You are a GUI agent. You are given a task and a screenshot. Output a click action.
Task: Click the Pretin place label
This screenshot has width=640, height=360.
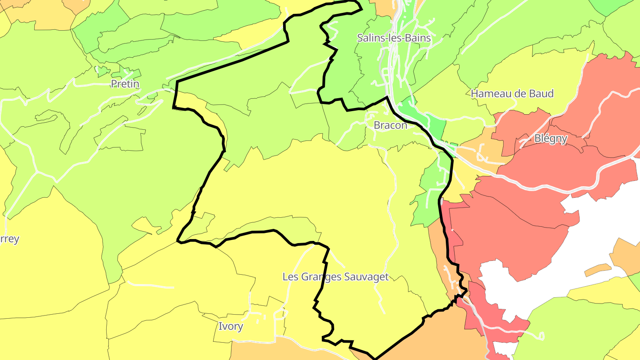pos(125,84)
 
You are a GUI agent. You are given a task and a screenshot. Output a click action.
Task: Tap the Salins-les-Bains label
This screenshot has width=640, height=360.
pos(394,38)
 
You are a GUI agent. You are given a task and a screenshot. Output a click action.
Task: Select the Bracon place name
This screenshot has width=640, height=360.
pos(390,125)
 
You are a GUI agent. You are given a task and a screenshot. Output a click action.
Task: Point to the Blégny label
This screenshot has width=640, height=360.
pos(551,139)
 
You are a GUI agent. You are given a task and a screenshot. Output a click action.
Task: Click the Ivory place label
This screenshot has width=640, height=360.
pos(231,327)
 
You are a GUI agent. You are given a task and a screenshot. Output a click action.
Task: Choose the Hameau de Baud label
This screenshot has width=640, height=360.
pos(512,94)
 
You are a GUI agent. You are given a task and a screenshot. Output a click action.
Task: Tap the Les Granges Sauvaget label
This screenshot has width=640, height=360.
pos(336,277)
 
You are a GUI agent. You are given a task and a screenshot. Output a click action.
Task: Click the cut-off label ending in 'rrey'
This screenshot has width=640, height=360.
pos(9,239)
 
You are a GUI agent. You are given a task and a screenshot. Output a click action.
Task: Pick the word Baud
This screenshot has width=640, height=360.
pos(541,94)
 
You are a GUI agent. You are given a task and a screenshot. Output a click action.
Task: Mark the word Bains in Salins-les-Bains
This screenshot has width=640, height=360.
pos(418,38)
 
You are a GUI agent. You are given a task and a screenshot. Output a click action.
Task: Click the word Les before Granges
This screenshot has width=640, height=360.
pos(290,277)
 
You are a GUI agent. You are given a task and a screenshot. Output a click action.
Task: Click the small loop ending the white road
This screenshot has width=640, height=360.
pos(541,336)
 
